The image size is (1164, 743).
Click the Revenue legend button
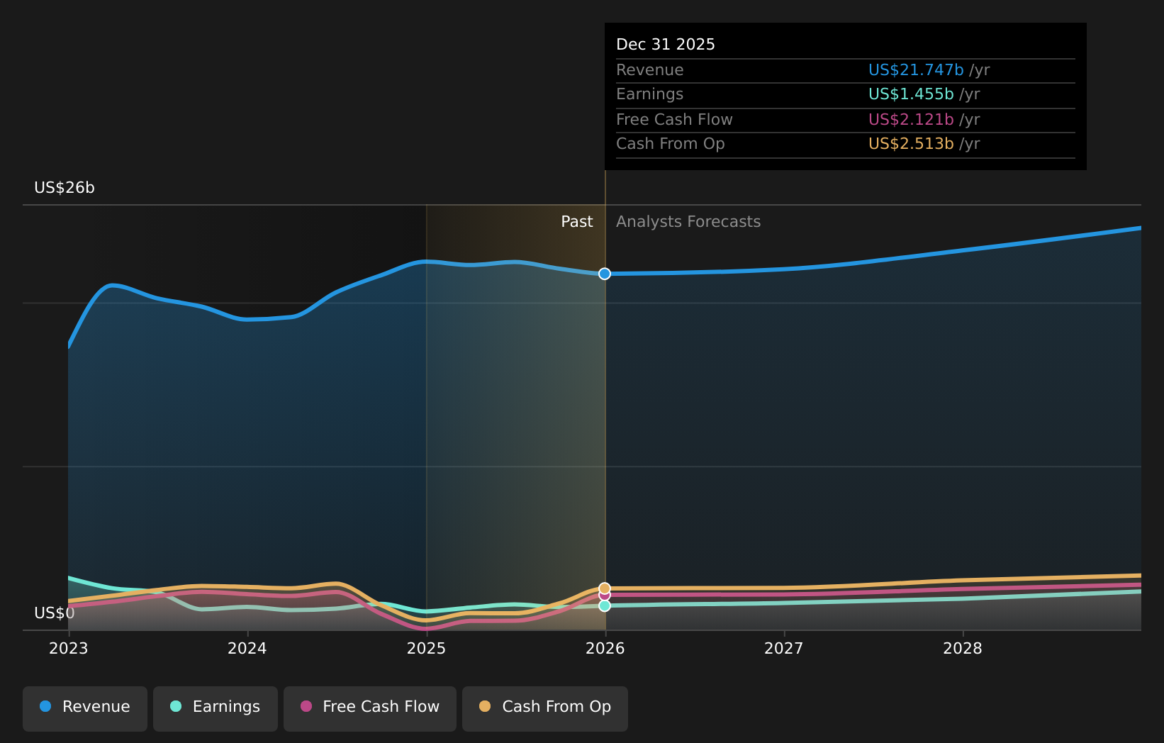(x=85, y=707)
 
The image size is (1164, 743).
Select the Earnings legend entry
(x=216, y=707)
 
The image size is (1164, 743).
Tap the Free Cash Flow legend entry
(x=370, y=707)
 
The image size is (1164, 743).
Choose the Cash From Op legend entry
(x=544, y=707)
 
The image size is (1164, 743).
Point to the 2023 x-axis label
(x=68, y=649)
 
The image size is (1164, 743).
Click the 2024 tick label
(x=247, y=649)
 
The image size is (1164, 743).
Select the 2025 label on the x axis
(x=426, y=649)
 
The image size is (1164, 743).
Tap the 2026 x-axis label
(x=605, y=649)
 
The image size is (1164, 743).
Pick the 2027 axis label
(x=783, y=649)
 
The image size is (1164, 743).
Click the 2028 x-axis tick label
(x=962, y=649)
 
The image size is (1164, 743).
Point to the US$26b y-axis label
(x=65, y=188)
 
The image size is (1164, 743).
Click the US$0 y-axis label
(x=55, y=613)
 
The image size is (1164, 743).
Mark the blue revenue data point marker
(x=605, y=274)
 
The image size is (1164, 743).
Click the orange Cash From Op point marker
(x=605, y=588)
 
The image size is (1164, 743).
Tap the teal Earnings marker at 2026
(x=605, y=606)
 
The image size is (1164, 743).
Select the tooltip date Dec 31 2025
(x=665, y=45)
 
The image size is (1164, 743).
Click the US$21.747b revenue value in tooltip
(x=916, y=70)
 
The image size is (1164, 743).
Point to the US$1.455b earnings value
(x=911, y=94)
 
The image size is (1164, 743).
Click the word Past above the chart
(x=576, y=222)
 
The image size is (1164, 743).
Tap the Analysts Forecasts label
(x=688, y=222)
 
